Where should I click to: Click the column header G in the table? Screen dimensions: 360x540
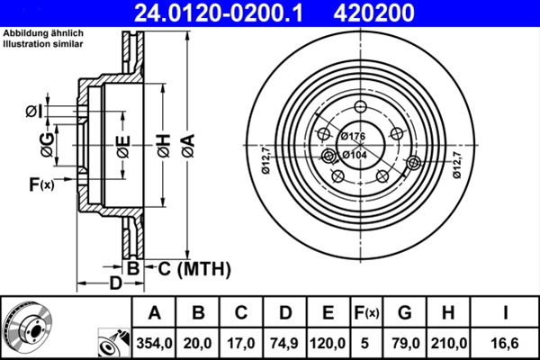pyautogui.click(x=405, y=312)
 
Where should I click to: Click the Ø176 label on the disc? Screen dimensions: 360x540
pyautogui.click(x=353, y=136)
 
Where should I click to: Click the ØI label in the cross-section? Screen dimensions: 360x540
pyautogui.click(x=32, y=112)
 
